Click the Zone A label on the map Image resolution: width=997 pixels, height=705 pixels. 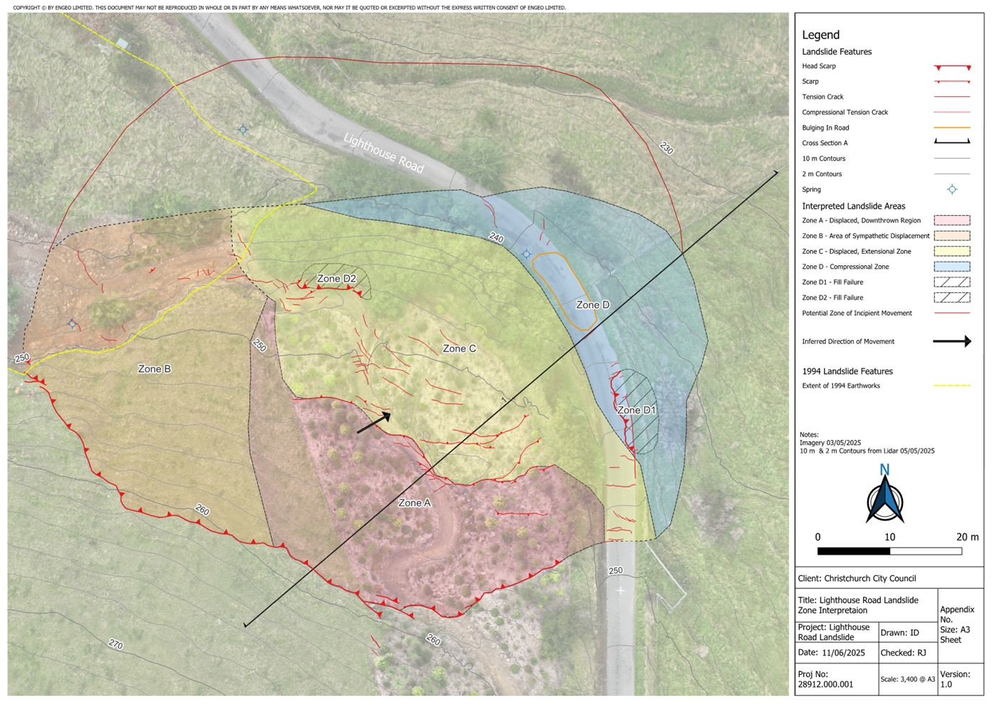414,503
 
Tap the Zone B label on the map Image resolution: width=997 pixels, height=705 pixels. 154,369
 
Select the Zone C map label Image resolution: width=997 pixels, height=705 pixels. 459,349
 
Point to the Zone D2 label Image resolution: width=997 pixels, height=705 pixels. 336,278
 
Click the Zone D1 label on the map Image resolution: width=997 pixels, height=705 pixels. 636,410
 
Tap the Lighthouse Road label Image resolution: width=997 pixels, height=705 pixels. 383,153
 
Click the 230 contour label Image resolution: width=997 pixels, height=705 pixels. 666,148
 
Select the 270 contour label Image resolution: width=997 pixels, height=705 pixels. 115,644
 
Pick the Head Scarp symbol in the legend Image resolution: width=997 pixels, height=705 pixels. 952,67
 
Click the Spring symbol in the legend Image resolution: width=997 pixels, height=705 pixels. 952,190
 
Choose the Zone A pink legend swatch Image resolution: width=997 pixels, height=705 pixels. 952,220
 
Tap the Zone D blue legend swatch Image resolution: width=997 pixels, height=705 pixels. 952,267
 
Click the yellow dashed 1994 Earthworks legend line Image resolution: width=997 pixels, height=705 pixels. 952,386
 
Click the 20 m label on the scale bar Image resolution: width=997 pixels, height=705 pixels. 967,537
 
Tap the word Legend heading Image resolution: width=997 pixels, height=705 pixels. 821,34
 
